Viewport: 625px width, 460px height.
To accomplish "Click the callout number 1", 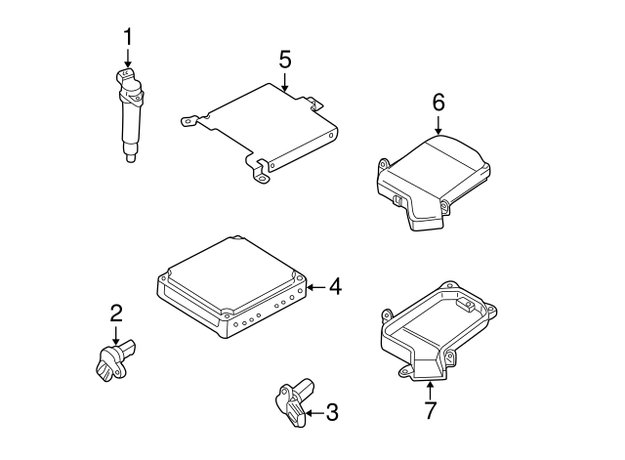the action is click(128, 37).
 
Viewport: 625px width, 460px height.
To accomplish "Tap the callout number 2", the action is click(116, 313).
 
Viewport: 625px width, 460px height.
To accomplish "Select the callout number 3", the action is click(332, 412).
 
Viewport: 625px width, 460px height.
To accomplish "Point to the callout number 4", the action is click(335, 287).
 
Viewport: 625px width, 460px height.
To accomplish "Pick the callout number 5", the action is click(285, 60).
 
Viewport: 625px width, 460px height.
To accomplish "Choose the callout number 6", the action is click(438, 103).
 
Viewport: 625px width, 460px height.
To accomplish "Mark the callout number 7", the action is click(430, 410).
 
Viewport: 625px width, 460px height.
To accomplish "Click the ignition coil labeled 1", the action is click(130, 115).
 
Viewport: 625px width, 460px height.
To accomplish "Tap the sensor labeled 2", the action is click(115, 360).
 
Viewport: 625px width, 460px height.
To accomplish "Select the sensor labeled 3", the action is click(295, 401).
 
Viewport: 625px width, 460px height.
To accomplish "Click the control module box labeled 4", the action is click(231, 286).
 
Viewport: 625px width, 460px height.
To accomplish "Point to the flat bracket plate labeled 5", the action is click(260, 133).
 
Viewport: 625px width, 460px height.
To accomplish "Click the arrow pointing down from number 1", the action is click(128, 58).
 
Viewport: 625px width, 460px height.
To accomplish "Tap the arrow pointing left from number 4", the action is click(316, 287).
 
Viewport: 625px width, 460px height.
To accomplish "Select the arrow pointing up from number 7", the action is click(430, 391).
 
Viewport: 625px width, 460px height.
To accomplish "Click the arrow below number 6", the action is click(438, 125).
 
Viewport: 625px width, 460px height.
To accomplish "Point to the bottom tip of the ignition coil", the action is click(130, 162).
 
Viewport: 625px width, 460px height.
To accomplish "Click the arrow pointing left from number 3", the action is click(314, 413).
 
